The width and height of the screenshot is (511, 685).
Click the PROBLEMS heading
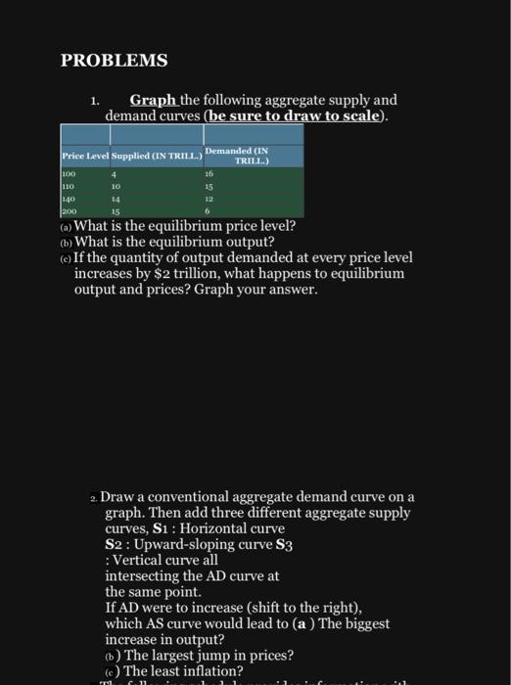point(115,61)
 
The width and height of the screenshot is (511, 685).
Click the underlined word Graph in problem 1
point(153,100)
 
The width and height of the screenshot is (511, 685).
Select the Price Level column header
point(83,157)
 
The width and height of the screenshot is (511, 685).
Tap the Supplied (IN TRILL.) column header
point(156,157)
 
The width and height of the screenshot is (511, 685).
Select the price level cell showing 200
point(70,209)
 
